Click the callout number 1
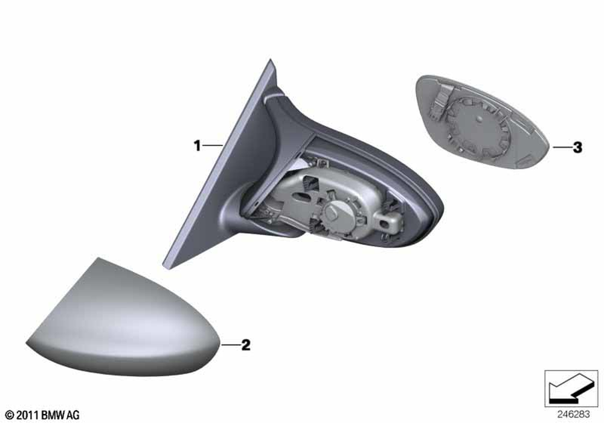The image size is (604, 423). (198, 146)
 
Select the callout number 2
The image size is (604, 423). (246, 345)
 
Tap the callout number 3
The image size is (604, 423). (577, 147)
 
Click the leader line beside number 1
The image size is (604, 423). (213, 145)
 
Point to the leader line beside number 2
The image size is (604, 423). (230, 344)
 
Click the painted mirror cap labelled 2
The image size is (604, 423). (123, 320)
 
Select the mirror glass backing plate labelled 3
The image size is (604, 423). (481, 121)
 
